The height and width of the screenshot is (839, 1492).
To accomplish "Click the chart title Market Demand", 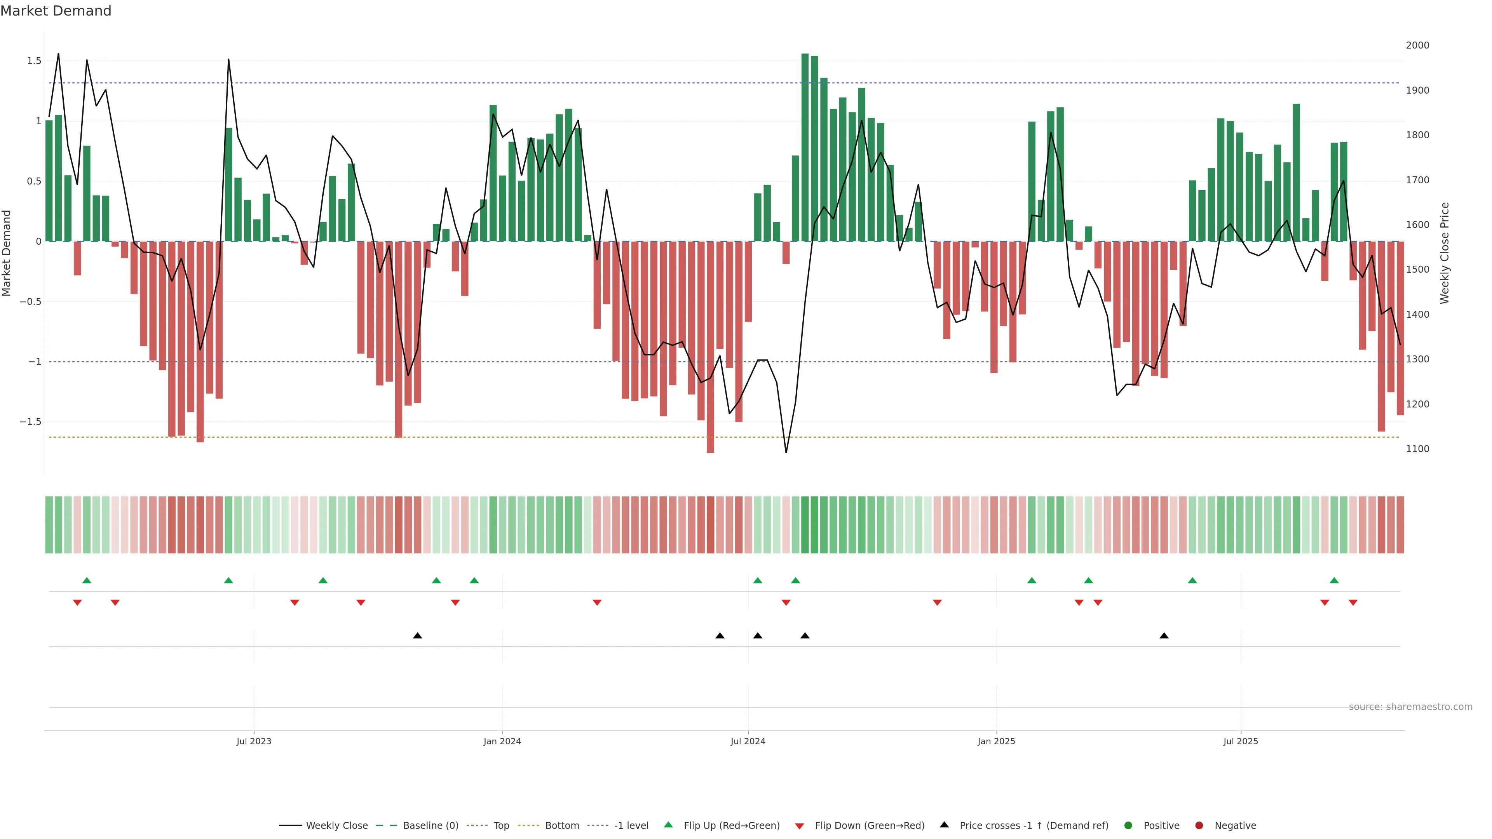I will (56, 11).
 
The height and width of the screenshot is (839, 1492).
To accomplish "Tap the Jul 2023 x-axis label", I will (254, 741).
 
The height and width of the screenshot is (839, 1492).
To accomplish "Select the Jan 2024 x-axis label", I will (502, 741).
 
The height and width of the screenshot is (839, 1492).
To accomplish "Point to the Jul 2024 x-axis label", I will (748, 741).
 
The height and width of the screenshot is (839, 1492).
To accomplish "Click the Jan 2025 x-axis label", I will (996, 741).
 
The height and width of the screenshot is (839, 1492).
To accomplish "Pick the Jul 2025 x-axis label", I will (1241, 741).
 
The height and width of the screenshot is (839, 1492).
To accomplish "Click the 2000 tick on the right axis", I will (1417, 45).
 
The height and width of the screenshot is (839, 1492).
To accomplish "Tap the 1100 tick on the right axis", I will (1417, 449).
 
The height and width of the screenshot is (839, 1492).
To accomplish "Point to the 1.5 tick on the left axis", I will (34, 61).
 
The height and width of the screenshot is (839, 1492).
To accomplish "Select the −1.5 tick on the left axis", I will (31, 421).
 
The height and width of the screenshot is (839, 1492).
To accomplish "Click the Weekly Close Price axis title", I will (1445, 253).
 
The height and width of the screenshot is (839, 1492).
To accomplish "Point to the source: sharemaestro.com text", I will (1410, 707).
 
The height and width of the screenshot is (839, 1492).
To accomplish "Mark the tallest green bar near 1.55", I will (805, 147).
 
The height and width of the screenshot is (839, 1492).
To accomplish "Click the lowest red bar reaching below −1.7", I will (711, 347).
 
